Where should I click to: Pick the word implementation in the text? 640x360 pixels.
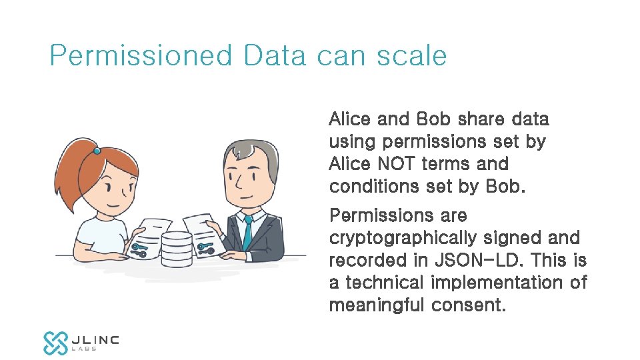click(499, 283)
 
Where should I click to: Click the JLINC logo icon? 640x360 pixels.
click(55, 342)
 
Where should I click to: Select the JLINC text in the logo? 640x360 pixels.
click(95, 339)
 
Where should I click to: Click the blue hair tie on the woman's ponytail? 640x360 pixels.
click(97, 151)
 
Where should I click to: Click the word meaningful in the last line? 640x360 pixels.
click(377, 305)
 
